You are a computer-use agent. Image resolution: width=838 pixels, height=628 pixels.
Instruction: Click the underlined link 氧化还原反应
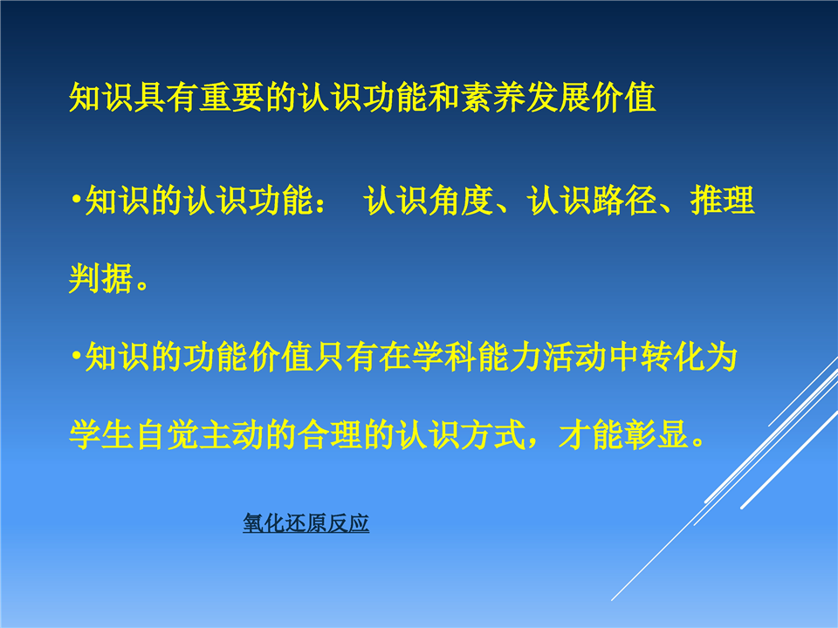click(x=306, y=522)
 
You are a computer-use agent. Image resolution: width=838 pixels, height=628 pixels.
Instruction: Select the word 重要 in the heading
click(x=231, y=98)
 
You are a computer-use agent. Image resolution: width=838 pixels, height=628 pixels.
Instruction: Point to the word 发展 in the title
click(x=558, y=98)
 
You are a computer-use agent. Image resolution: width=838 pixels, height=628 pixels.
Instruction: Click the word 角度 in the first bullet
click(x=461, y=201)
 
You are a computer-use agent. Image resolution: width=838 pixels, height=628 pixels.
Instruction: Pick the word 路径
click(x=624, y=201)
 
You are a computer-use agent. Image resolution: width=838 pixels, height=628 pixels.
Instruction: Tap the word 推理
click(x=723, y=201)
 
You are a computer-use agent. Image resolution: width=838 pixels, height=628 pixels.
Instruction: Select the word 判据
click(x=101, y=278)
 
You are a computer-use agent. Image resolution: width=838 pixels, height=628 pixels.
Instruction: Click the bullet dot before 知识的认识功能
click(x=77, y=200)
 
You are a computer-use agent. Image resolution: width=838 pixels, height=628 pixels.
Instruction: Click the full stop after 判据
click(x=142, y=285)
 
